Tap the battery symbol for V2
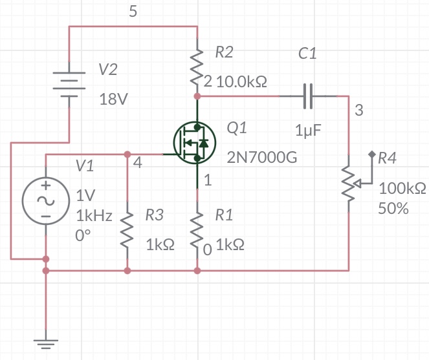tap(68, 83)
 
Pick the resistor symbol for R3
tap(127, 229)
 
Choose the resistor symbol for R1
tap(197, 229)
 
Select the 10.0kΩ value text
tap(242, 82)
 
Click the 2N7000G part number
tap(261, 158)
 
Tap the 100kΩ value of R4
tap(402, 189)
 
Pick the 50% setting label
tap(393, 209)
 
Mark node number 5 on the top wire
tap(133, 11)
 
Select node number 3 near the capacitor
tap(359, 111)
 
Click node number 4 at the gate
tap(137, 163)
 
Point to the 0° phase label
tap(82, 236)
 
